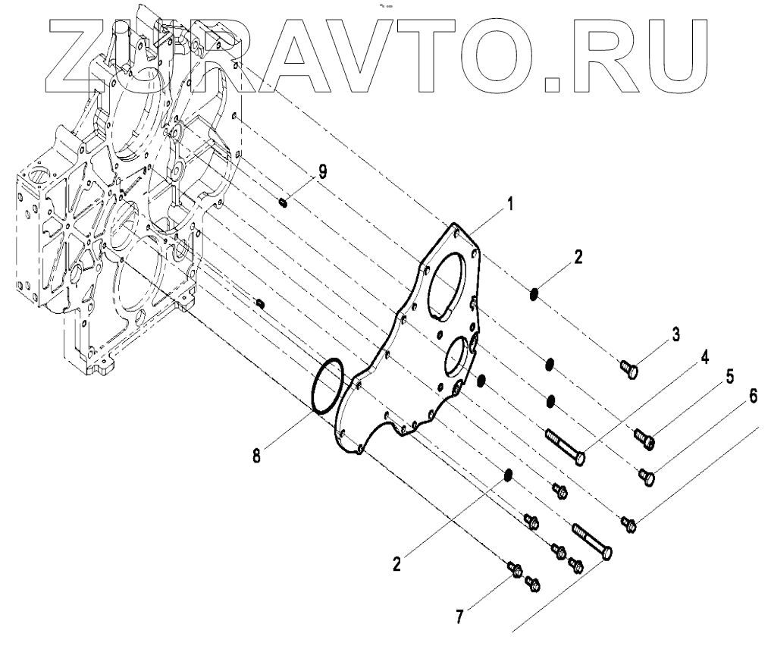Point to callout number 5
731,377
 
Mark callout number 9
323,172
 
